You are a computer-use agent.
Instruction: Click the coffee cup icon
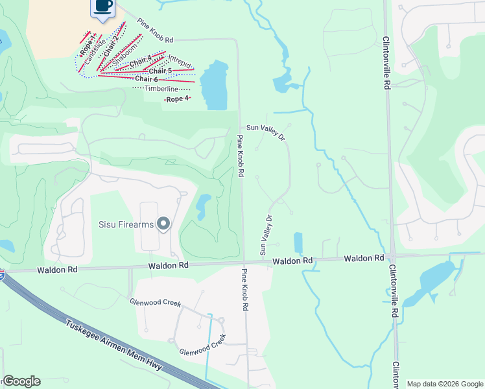pos(103,6)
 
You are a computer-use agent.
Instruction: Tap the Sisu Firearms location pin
pos(163,224)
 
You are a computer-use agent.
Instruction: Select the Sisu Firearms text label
pos(126,225)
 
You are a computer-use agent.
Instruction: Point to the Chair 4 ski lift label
pos(140,63)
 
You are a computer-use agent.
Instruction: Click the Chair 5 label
pos(160,71)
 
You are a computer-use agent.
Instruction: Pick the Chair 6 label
pos(147,78)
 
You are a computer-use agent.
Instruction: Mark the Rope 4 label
pos(177,99)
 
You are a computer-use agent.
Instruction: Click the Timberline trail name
pos(161,88)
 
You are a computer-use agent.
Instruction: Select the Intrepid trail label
pos(178,63)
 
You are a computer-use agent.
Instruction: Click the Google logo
pos(21,381)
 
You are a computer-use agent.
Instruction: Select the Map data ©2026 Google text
pos(444,384)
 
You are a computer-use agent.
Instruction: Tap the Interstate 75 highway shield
pos(2,275)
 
